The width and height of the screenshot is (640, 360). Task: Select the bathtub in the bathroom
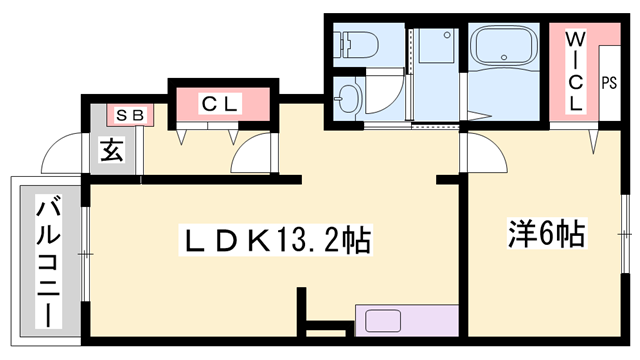tap(505, 51)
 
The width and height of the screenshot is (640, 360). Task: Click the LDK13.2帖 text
tap(274, 240)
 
